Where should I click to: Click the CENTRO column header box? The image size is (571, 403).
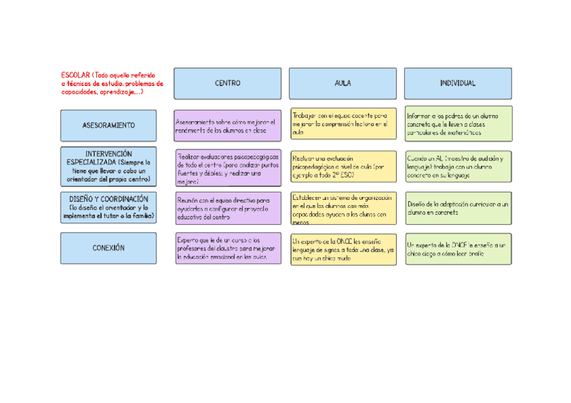click(x=228, y=83)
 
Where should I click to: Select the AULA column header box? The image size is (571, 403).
click(x=343, y=83)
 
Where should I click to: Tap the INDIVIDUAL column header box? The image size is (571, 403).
click(x=458, y=83)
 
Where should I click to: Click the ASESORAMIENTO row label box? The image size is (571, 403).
click(x=108, y=126)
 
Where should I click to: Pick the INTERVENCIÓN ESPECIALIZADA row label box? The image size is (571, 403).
click(x=108, y=167)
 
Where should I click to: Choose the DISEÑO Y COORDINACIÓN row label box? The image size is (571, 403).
click(x=108, y=208)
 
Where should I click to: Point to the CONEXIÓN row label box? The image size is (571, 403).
click(x=108, y=248)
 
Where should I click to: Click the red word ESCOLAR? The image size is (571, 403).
click(x=75, y=74)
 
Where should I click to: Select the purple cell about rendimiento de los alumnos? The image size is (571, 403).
click(x=228, y=126)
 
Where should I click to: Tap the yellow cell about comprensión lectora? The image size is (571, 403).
click(x=343, y=124)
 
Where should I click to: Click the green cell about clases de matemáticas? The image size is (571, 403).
click(x=458, y=124)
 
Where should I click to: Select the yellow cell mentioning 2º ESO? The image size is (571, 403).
click(x=343, y=166)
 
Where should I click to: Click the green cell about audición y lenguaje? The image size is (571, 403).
click(x=458, y=166)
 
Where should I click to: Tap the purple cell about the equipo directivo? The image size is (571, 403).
click(x=228, y=209)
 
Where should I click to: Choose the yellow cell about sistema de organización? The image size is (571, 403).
click(x=343, y=208)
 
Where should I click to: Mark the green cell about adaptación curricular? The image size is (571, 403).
click(x=458, y=208)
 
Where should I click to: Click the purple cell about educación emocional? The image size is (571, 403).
click(x=228, y=248)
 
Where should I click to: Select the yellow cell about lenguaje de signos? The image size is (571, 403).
click(x=343, y=249)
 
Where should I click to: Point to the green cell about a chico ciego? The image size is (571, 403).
click(x=458, y=249)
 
